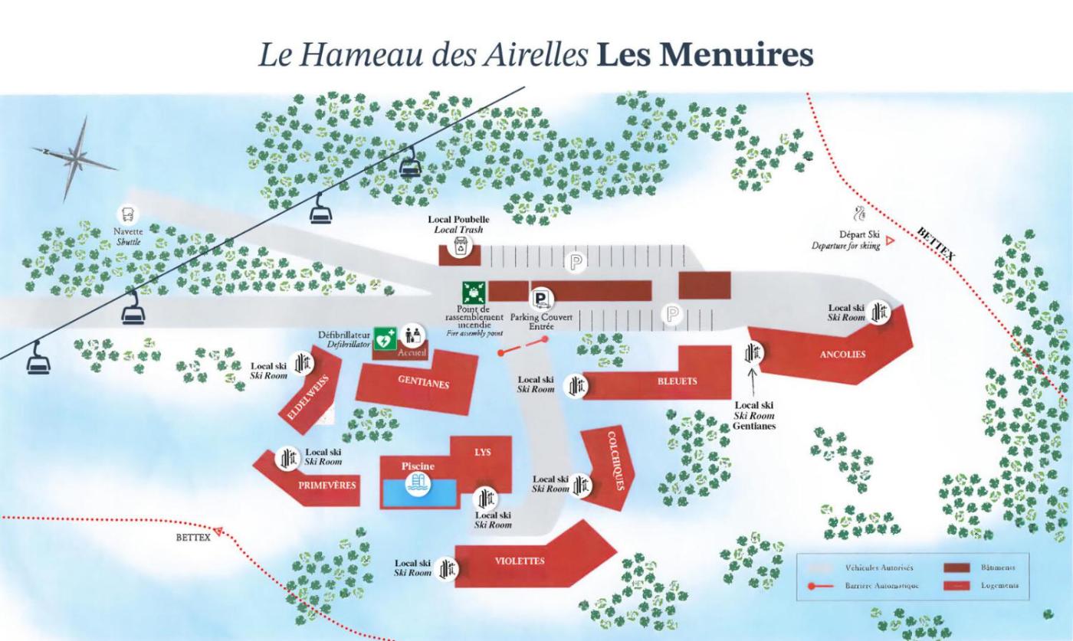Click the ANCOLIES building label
click(x=842, y=355)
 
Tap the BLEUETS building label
click(x=678, y=381)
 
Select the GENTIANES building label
click(x=423, y=382)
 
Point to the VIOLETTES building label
click(x=520, y=561)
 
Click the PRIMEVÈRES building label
click(x=327, y=485)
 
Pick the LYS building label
click(x=482, y=453)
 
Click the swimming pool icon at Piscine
click(x=418, y=484)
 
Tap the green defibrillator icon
click(x=384, y=338)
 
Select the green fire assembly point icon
click(x=473, y=293)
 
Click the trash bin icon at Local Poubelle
click(x=460, y=246)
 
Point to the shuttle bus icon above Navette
click(x=127, y=214)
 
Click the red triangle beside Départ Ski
click(x=890, y=240)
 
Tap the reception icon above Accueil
click(x=412, y=335)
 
